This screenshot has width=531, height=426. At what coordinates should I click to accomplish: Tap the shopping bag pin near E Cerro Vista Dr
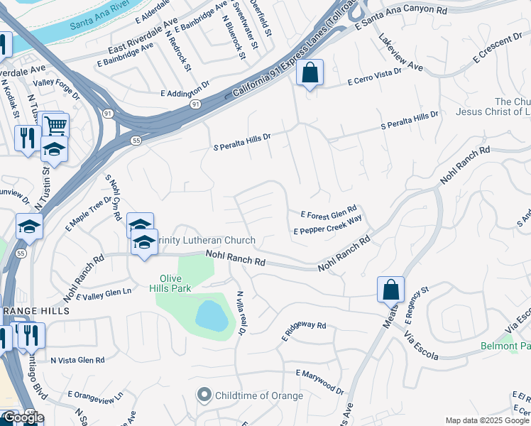pos(310,73)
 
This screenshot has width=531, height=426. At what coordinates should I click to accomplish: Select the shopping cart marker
pos(55,126)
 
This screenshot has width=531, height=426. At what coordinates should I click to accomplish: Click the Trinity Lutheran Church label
pos(207,241)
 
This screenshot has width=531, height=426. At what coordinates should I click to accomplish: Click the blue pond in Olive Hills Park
pos(212,315)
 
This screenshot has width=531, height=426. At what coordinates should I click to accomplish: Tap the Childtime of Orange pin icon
pos(204,395)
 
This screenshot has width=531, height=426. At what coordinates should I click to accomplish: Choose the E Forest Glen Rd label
pos(328,214)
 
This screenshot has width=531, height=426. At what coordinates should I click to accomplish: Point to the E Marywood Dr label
pos(319,379)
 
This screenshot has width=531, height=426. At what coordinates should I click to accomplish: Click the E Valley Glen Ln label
pos(104,293)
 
